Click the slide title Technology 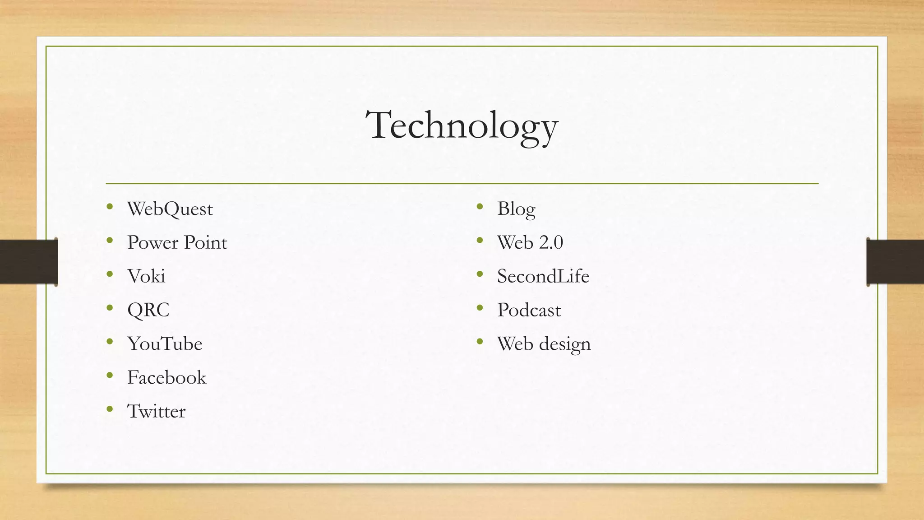pyautogui.click(x=462, y=125)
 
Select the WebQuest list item pyautogui.click(x=170, y=209)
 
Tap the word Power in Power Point pyautogui.click(x=152, y=243)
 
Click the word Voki pyautogui.click(x=146, y=276)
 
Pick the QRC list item pyautogui.click(x=148, y=310)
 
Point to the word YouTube pyautogui.click(x=165, y=344)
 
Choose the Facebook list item pyautogui.click(x=166, y=378)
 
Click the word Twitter pyautogui.click(x=156, y=411)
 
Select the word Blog pyautogui.click(x=516, y=209)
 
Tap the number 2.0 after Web pyautogui.click(x=551, y=243)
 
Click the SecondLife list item pyautogui.click(x=543, y=276)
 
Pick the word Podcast pyautogui.click(x=529, y=310)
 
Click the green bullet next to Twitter pyautogui.click(x=110, y=409)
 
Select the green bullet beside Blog pyautogui.click(x=480, y=207)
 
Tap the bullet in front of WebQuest pyautogui.click(x=110, y=207)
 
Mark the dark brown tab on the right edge pyautogui.click(x=895, y=262)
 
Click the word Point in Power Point pyautogui.click(x=205, y=243)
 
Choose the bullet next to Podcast pyautogui.click(x=480, y=308)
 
